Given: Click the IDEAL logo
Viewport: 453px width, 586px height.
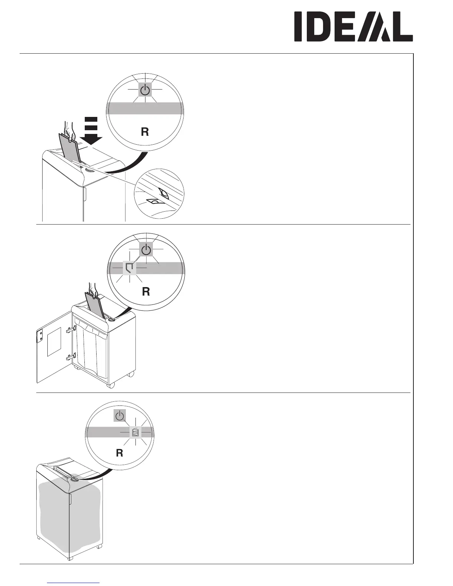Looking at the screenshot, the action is pyautogui.click(x=353, y=27).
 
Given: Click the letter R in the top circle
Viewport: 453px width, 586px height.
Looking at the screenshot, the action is pyautogui.click(x=145, y=132).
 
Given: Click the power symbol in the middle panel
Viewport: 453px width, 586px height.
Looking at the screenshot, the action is pyautogui.click(x=147, y=250).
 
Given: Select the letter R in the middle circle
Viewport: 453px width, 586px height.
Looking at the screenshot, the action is pyautogui.click(x=146, y=292).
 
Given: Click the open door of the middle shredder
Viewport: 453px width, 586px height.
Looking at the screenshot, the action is pyautogui.click(x=54, y=348).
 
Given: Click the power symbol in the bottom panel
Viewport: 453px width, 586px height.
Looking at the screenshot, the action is pyautogui.click(x=120, y=416).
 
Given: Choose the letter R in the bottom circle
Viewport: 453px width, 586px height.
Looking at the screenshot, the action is pyautogui.click(x=119, y=453).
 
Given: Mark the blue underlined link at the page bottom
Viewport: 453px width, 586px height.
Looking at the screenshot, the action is pyautogui.click(x=74, y=583).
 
